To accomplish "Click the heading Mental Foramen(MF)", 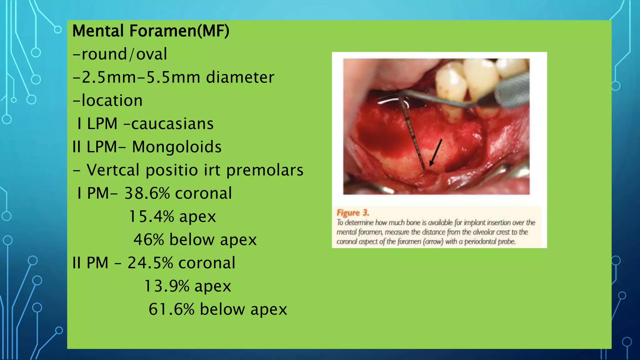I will point(151,31).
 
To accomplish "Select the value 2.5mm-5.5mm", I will point(137,77).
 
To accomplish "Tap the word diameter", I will point(240,77).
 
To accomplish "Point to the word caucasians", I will point(172,124).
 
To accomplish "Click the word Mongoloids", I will point(177,147).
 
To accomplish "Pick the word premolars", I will point(265,170).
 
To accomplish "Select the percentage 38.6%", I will point(147,193).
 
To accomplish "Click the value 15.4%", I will point(151,216).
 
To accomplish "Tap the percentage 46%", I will point(149,240).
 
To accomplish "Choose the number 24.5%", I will point(150,263).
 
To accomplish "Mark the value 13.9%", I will point(167,286).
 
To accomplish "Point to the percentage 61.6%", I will point(172,309).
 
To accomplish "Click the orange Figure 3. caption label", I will point(352,213).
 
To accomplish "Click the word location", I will point(112,101).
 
